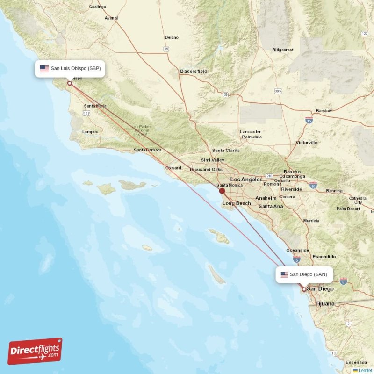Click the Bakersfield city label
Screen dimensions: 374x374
194,72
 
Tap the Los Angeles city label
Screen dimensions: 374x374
246,180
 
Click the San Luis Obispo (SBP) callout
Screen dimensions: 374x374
70,69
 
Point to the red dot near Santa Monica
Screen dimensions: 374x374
222,191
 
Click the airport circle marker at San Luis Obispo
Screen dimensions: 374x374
70,84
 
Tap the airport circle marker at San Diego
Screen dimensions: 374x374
304,289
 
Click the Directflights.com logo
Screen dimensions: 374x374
35,351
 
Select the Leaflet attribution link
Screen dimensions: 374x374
365,370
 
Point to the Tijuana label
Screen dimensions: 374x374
325,304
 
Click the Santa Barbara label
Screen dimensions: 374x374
147,150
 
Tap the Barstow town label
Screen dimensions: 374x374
324,111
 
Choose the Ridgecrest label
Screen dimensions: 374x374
282,50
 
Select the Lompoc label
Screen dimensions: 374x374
90,132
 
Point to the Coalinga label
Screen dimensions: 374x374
97,7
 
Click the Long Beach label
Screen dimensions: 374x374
237,203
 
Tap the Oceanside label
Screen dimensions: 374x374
297,250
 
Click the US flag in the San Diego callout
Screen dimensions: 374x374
284,274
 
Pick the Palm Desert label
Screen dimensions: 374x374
348,209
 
